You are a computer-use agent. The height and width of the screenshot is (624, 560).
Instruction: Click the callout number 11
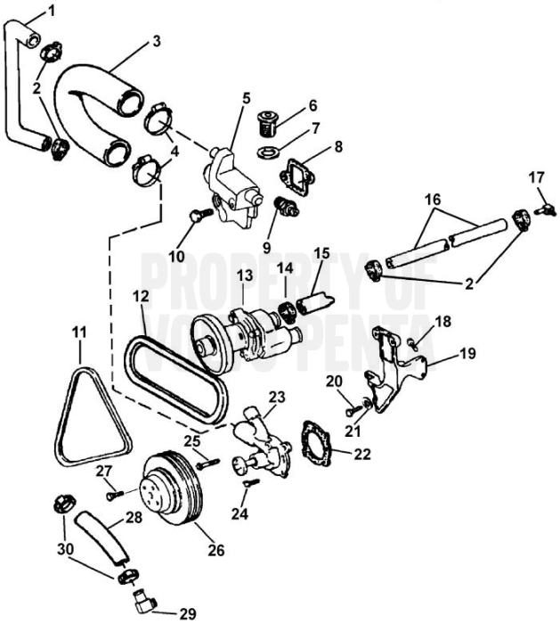point(80,333)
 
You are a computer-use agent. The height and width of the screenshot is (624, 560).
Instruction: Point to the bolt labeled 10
point(199,215)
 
